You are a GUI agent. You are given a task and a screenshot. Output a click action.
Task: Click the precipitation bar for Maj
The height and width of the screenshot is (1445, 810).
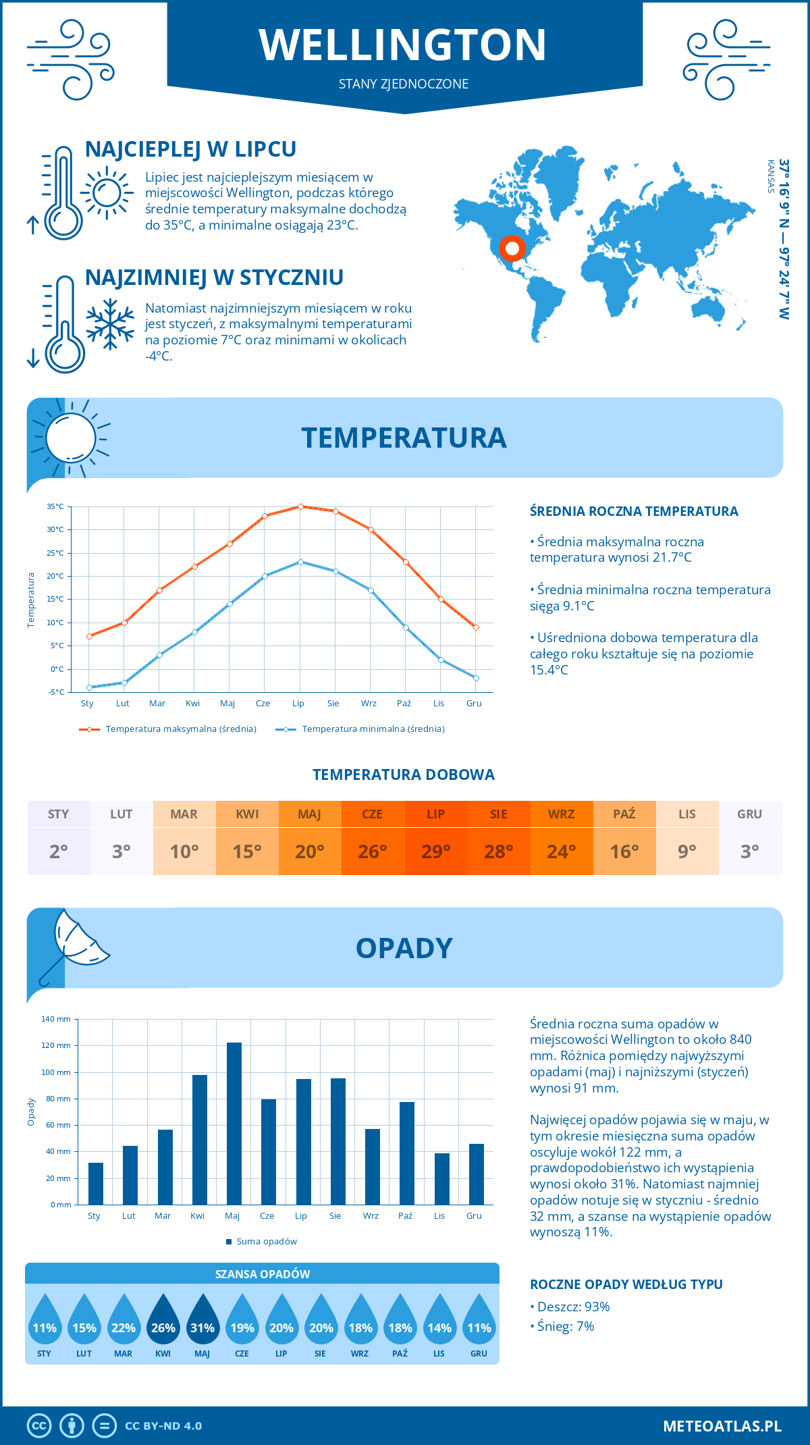(x=234, y=1124)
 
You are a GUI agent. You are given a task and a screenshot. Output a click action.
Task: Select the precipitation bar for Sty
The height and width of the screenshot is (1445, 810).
(x=96, y=1184)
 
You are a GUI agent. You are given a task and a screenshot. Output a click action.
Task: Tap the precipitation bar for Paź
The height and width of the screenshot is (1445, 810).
(x=407, y=1153)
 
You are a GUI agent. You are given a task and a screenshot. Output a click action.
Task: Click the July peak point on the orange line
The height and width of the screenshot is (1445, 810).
(x=300, y=506)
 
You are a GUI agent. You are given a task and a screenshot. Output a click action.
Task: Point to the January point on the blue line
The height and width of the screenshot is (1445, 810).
(x=89, y=687)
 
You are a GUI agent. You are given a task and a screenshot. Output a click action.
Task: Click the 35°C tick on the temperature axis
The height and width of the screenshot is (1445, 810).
(x=55, y=506)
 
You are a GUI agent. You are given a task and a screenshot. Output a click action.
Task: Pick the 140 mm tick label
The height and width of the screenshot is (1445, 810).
(x=56, y=1019)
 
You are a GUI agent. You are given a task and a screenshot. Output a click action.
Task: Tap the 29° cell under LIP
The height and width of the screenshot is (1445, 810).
(x=435, y=851)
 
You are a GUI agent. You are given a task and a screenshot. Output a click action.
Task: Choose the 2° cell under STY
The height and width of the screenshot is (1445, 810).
(x=59, y=851)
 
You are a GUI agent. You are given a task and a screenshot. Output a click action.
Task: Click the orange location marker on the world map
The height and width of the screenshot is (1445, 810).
(x=512, y=248)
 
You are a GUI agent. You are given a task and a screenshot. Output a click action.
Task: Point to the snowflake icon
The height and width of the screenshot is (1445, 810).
(x=110, y=324)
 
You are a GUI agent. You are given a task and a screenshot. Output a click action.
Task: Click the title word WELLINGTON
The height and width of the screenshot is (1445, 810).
(x=403, y=45)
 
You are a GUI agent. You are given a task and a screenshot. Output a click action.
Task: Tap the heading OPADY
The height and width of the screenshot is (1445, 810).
(x=404, y=948)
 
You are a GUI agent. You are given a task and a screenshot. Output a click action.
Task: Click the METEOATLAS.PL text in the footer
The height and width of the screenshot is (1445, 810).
(x=722, y=1426)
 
